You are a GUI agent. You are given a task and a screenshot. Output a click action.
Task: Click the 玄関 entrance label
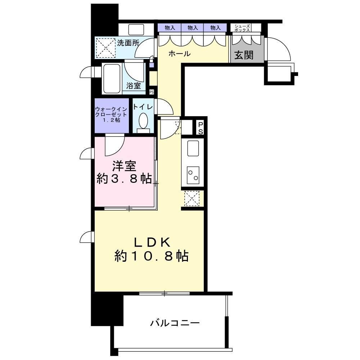(x=244, y=55)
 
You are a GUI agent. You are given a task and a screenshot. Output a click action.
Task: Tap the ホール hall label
(x=179, y=54)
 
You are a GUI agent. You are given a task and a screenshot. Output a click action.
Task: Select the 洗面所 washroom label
(x=128, y=43)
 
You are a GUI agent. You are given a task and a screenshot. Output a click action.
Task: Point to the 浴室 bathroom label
(x=133, y=86)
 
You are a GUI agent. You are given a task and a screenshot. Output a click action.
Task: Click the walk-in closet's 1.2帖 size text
(x=111, y=120)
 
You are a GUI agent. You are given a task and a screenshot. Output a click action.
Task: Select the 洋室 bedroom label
(x=124, y=166)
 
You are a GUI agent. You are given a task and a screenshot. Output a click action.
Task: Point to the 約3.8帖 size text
(x=124, y=179)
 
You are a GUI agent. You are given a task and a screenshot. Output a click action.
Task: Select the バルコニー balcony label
(x=175, y=323)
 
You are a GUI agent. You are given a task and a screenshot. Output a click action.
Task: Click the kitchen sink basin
(x=193, y=148)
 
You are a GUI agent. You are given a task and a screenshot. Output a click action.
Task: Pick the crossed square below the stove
(x=192, y=198)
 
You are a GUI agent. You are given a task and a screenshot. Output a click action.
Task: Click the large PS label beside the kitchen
(x=201, y=127)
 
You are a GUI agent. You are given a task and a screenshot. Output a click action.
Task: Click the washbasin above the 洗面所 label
(x=136, y=29)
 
